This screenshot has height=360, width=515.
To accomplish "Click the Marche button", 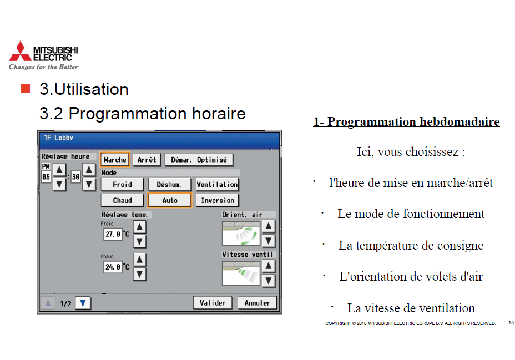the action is click(115, 160).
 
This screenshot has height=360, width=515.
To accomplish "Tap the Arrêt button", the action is click(147, 160).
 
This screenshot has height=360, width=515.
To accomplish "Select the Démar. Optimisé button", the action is click(199, 160).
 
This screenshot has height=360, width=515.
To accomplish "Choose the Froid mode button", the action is click(122, 184).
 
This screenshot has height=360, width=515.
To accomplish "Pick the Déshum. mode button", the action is click(169, 184).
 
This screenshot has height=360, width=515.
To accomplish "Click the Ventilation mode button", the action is click(217, 184).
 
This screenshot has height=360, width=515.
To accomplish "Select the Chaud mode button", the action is click(122, 200).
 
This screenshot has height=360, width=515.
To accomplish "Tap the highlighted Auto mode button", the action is click(169, 200).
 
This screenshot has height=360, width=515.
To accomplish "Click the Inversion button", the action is click(217, 200).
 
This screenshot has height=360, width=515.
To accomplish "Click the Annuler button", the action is click(257, 303).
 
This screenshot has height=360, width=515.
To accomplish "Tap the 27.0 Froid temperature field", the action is click(113, 234).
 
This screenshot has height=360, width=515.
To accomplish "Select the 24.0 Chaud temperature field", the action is click(113, 267).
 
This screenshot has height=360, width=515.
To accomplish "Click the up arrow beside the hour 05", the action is click(59, 170).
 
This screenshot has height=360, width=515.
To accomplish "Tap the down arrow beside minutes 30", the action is click(89, 184).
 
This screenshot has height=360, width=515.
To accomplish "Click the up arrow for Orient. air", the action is click(269, 226).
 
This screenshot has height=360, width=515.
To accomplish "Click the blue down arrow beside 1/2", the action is click(83, 303).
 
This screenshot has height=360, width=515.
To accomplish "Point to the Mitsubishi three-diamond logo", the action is click(21, 51).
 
